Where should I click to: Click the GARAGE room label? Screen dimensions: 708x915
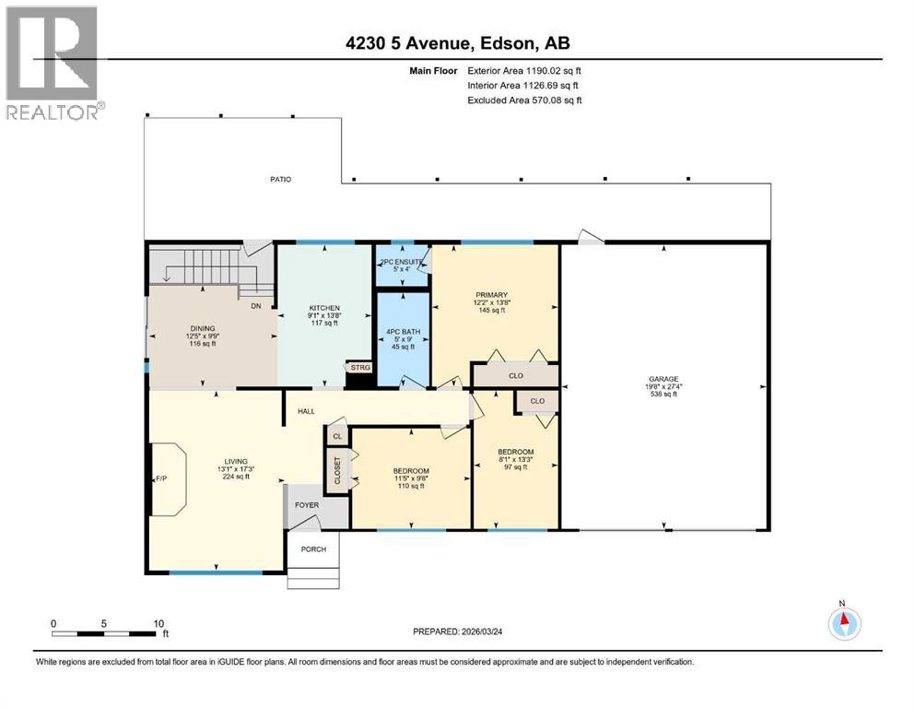(663, 378)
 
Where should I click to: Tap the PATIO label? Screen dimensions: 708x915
(280, 179)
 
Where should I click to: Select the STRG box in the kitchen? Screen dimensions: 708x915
(359, 367)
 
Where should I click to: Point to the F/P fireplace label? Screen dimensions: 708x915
(160, 478)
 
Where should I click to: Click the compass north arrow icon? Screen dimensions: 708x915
(843, 623)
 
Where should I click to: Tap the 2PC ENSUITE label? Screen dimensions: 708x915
(402, 262)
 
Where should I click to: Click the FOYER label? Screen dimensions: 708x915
(307, 504)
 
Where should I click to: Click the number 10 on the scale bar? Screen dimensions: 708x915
(158, 623)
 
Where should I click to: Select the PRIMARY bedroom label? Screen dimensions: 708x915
(492, 294)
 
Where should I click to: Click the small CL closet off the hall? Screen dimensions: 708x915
(337, 436)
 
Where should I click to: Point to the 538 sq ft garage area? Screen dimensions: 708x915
(663, 394)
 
